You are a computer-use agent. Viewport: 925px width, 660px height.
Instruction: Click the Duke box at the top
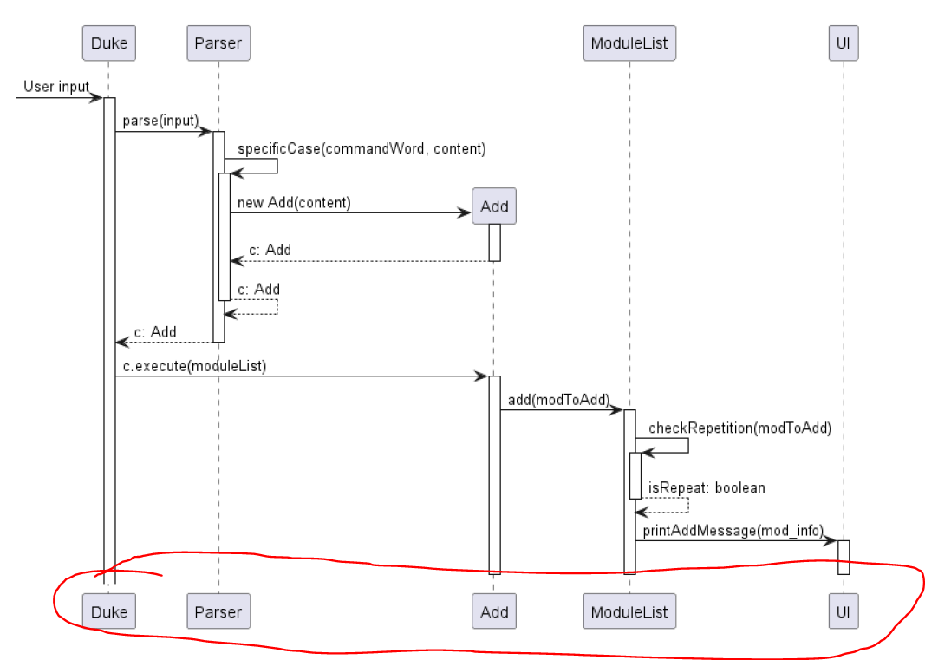[x=109, y=42]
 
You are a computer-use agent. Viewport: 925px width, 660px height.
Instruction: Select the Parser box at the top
[x=218, y=42]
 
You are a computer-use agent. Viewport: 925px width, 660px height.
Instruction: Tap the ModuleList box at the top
[x=629, y=42]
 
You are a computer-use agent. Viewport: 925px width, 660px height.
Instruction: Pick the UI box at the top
[x=843, y=42]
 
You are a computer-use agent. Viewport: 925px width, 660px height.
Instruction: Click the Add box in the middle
[x=494, y=206]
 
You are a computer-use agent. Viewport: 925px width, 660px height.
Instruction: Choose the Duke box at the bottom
[x=109, y=611]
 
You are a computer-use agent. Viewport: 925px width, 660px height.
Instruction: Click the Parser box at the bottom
[x=218, y=611]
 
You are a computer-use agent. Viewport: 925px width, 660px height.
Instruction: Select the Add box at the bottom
[x=494, y=611]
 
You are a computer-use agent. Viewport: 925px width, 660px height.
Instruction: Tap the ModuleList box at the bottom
[x=629, y=611]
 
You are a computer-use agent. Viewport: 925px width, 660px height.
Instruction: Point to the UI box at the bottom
[x=843, y=611]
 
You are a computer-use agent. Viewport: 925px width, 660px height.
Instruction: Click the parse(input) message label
[x=160, y=120]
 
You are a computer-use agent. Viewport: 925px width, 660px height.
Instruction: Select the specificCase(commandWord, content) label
[x=362, y=148]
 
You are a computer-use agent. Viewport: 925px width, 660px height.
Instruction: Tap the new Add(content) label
[x=294, y=203]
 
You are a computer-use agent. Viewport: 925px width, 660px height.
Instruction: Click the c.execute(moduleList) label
[x=194, y=366]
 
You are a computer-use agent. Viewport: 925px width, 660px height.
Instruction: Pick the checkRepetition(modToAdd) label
[x=739, y=427]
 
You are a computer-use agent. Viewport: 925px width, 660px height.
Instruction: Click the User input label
[x=56, y=86]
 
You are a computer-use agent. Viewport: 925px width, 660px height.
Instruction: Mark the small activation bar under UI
[x=843, y=557]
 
